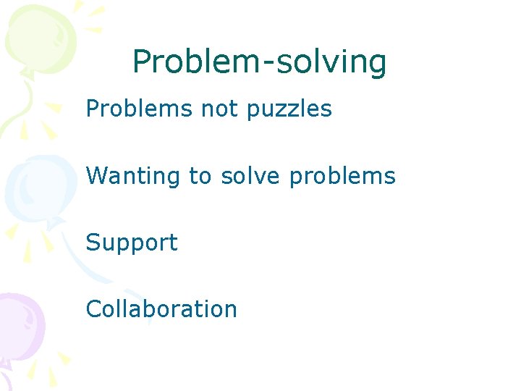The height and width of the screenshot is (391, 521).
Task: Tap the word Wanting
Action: pos(132,177)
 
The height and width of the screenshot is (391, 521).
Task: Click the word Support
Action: pos(131,243)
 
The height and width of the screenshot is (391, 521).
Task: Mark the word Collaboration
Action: pos(161,309)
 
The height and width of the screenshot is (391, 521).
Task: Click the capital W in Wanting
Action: pos(97,175)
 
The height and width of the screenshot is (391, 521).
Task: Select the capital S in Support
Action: pos(93,242)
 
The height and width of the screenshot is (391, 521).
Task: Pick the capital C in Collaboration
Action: pos(93,309)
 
